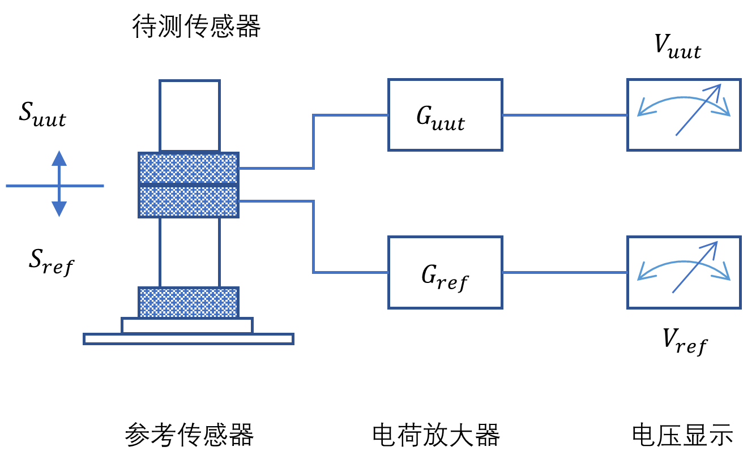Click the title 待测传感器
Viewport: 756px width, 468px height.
pyautogui.click(x=196, y=26)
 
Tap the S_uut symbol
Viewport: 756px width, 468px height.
pyautogui.click(x=42, y=114)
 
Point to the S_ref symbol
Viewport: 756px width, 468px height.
pyautogui.click(x=52, y=263)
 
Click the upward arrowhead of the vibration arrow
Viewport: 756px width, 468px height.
pyautogui.click(x=59, y=158)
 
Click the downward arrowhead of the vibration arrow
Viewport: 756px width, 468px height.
pyautogui.click(x=59, y=209)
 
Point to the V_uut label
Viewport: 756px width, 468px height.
pyautogui.click(x=678, y=47)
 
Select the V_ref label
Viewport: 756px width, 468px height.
pyautogui.click(x=685, y=342)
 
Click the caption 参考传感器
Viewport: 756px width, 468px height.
pyautogui.click(x=189, y=435)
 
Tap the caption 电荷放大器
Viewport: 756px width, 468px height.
pyautogui.click(x=436, y=435)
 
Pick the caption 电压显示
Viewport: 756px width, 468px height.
pyautogui.click(x=682, y=435)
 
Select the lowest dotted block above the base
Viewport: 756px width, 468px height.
pyautogui.click(x=189, y=302)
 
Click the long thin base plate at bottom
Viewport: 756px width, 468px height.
pyautogui.click(x=189, y=339)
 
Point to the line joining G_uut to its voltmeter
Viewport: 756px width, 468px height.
pyautogui.click(x=565, y=115)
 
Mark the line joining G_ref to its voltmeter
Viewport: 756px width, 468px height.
pyautogui.click(x=565, y=272)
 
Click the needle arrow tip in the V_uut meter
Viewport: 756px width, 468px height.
pyautogui.click(x=720, y=85)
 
